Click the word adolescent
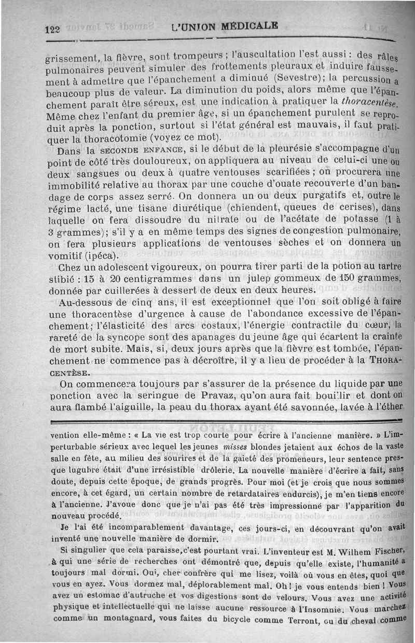pos(117,268)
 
